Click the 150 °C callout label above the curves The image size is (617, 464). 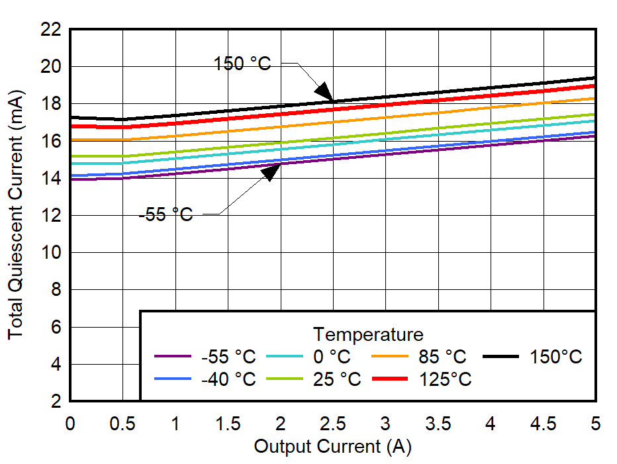tap(242, 64)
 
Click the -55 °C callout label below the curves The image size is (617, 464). tap(166, 214)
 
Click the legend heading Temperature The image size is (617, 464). tap(368, 333)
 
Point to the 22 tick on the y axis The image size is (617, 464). tap(51, 30)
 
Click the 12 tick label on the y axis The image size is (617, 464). tap(51, 216)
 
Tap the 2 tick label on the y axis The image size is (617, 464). tap(56, 401)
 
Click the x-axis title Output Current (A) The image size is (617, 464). tap(332, 446)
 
